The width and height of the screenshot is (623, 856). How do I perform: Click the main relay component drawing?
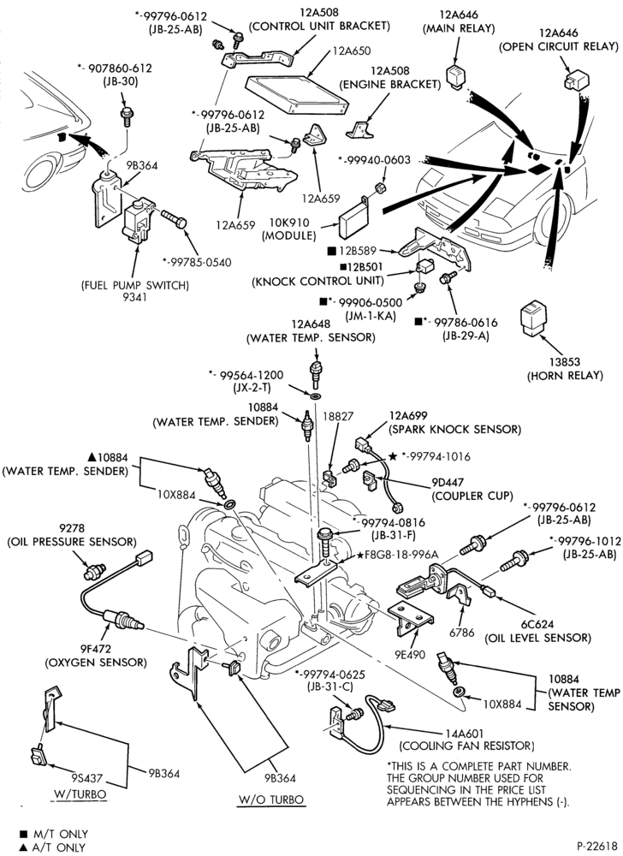(457, 77)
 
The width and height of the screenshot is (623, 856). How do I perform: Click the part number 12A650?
(351, 51)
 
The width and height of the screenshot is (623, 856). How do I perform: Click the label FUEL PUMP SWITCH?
(134, 285)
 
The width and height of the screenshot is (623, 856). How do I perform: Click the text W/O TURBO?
(271, 800)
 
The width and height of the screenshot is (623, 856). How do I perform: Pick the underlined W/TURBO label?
(80, 794)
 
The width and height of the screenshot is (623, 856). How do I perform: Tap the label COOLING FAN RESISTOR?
(467, 746)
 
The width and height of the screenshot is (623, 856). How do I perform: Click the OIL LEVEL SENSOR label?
(538, 638)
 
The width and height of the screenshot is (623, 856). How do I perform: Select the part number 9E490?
(412, 655)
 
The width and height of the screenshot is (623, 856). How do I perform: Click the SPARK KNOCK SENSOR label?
(454, 429)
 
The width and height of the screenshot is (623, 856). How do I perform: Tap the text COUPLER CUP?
(472, 496)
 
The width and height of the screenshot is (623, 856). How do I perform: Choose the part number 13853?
(565, 362)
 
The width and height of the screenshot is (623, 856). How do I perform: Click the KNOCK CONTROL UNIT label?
(317, 281)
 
